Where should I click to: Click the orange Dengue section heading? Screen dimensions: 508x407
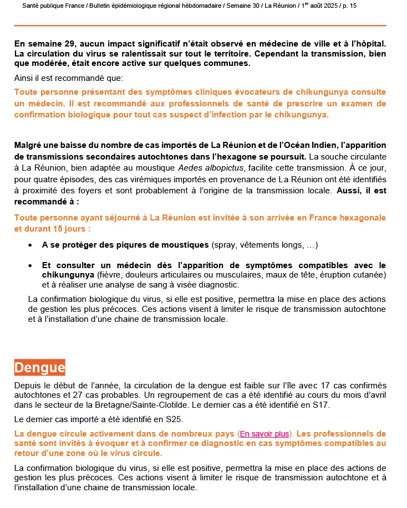(x=39, y=367)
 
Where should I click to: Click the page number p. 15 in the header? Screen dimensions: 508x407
(x=347, y=6)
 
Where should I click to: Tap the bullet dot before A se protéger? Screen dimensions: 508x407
(x=29, y=245)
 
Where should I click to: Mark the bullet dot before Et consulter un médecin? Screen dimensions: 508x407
(x=29, y=265)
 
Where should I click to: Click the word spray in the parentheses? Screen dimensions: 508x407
(x=224, y=245)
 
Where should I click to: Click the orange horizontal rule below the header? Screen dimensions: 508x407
(x=200, y=25)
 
